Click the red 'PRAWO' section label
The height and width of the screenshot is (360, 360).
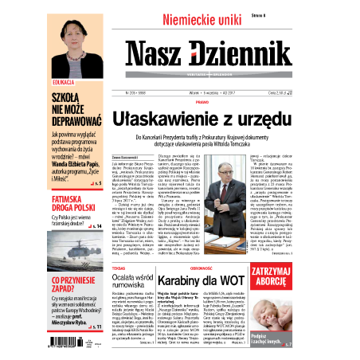[x=202, y=102]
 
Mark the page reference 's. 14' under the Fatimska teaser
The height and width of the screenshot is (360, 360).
[x=96, y=226]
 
